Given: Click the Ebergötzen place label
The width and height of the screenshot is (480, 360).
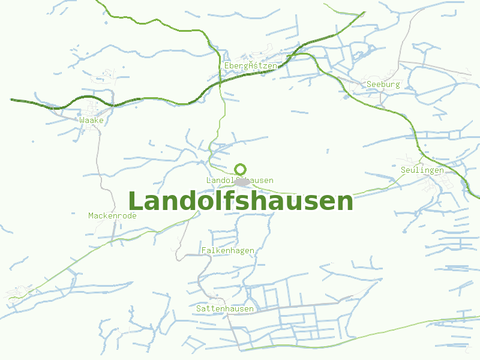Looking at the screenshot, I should (x=251, y=65).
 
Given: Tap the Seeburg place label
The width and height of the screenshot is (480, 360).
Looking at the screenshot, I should (x=383, y=85).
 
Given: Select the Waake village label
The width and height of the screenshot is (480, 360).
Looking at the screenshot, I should (x=91, y=120).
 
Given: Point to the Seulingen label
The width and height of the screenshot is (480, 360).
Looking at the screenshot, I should (x=422, y=170).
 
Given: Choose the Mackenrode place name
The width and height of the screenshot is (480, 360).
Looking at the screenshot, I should (x=112, y=215).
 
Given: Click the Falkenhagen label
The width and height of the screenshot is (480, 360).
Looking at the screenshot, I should (x=228, y=250).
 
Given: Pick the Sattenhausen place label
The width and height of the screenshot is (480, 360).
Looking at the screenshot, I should (x=225, y=308).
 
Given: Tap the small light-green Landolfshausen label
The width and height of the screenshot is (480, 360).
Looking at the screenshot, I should (x=239, y=180).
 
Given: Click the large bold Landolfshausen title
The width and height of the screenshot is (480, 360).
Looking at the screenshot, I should (x=241, y=201).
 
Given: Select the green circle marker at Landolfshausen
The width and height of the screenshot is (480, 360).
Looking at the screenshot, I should (x=241, y=169).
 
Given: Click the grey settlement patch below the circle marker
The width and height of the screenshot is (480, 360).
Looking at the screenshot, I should (x=242, y=181).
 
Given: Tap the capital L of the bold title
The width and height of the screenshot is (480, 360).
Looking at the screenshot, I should (x=136, y=201).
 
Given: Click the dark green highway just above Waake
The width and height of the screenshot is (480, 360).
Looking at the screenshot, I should (x=90, y=97).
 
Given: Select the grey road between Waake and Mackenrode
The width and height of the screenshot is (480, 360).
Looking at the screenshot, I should (x=100, y=162).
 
